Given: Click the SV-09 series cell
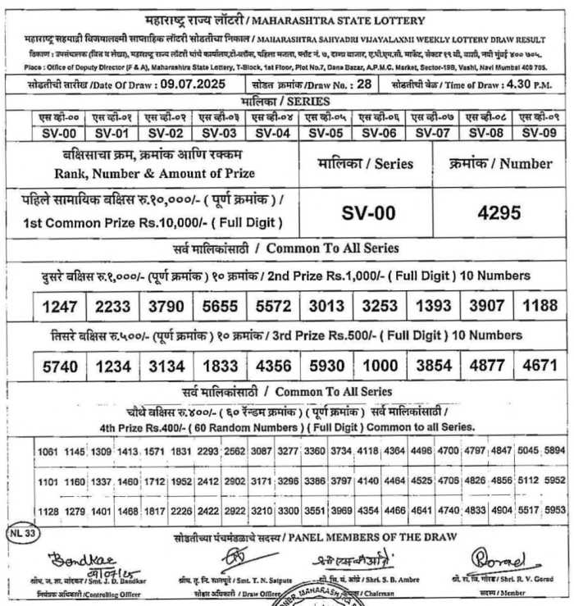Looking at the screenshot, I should (x=540, y=133).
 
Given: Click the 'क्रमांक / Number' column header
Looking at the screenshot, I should (x=501, y=163).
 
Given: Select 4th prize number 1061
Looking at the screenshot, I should (x=48, y=450).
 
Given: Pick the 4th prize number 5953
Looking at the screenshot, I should (x=554, y=510).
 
